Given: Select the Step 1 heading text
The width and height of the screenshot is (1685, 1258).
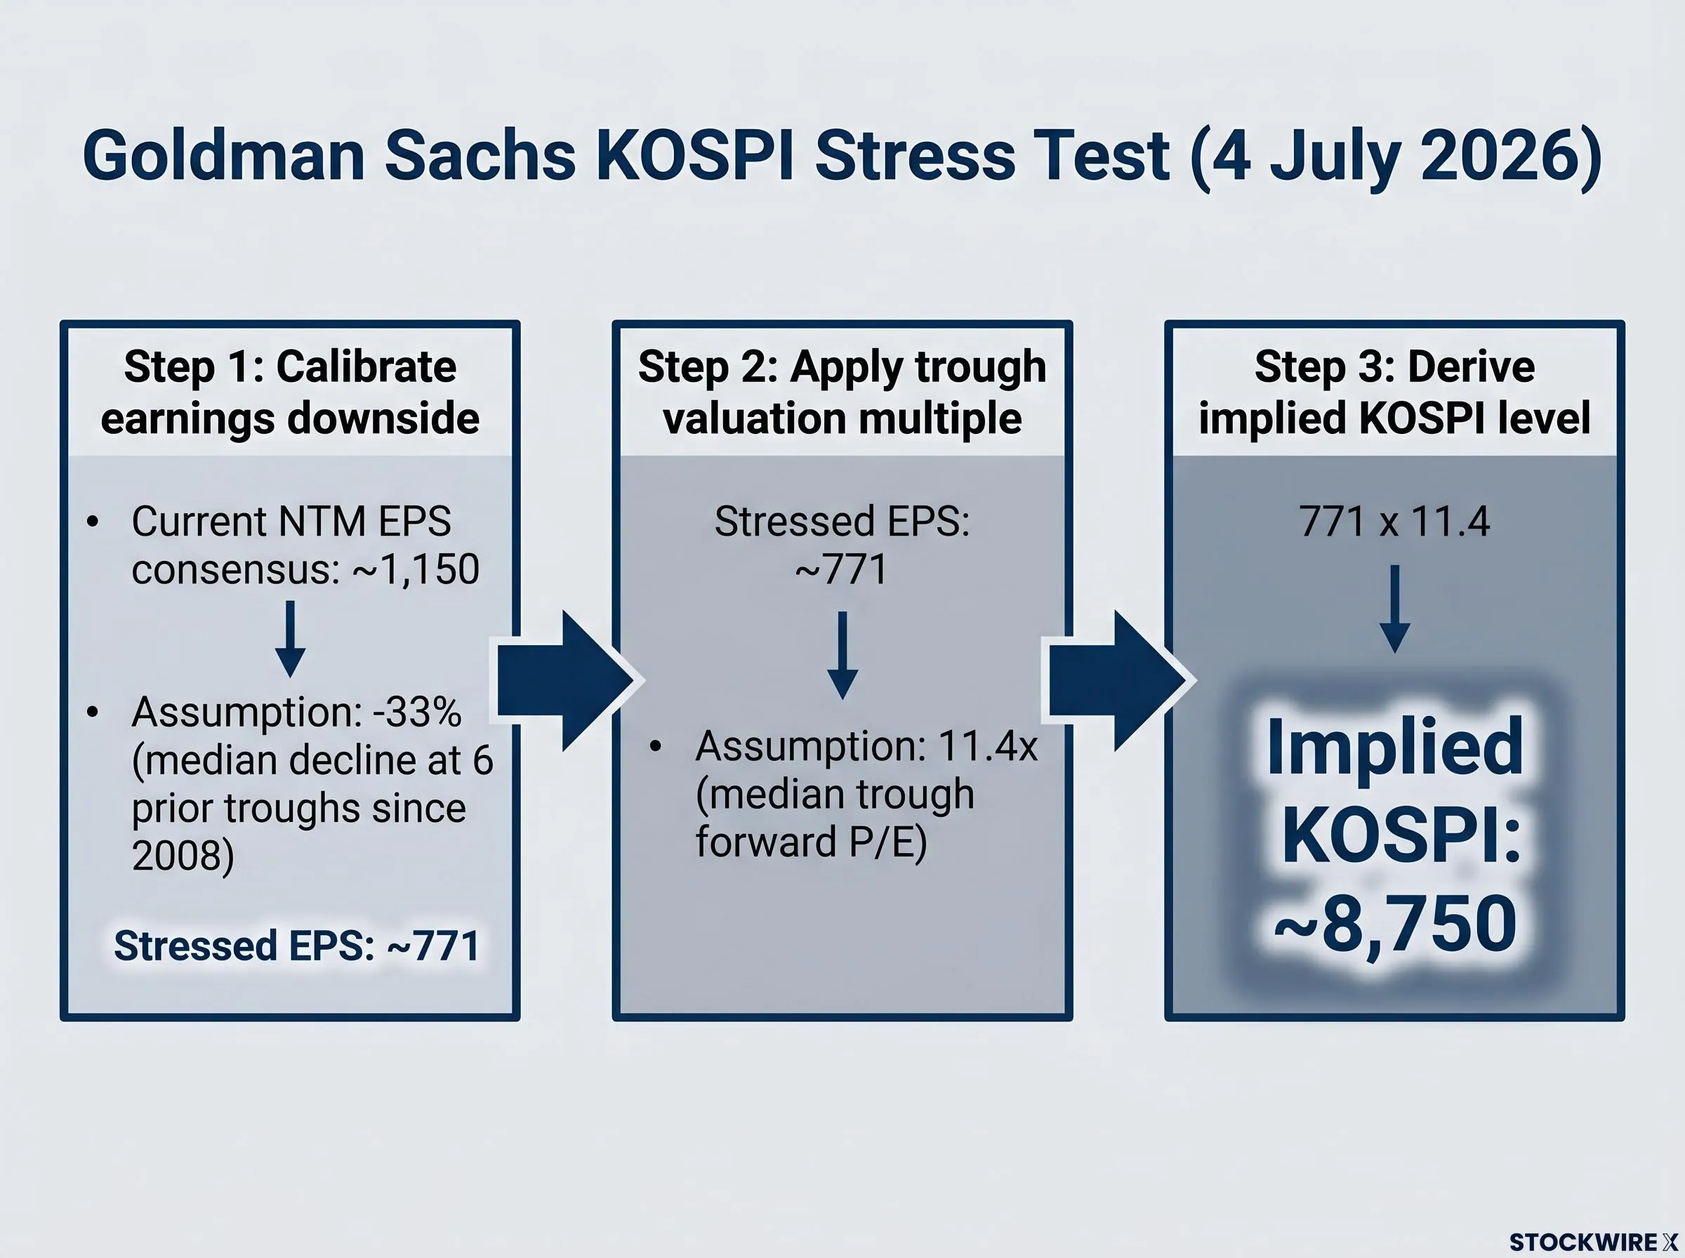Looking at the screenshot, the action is [290, 392].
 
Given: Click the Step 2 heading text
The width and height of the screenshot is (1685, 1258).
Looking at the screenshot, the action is [842, 392].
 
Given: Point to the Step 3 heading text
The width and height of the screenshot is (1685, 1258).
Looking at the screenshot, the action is [1394, 392].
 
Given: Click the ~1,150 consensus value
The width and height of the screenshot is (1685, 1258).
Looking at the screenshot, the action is [416, 569].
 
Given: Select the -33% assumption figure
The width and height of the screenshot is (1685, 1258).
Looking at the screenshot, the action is [416, 713].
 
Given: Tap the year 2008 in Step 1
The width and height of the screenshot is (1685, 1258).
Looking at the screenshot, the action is [183, 854].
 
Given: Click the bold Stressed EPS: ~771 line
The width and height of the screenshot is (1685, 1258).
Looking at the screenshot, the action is [296, 946].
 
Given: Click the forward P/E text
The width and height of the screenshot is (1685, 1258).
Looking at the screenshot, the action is [812, 842].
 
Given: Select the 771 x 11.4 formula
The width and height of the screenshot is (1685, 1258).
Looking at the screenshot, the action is [1394, 522].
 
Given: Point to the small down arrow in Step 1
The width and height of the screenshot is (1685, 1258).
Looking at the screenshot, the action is [290, 640].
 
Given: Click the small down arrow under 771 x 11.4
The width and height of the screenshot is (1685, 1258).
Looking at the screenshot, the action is [1395, 609].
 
